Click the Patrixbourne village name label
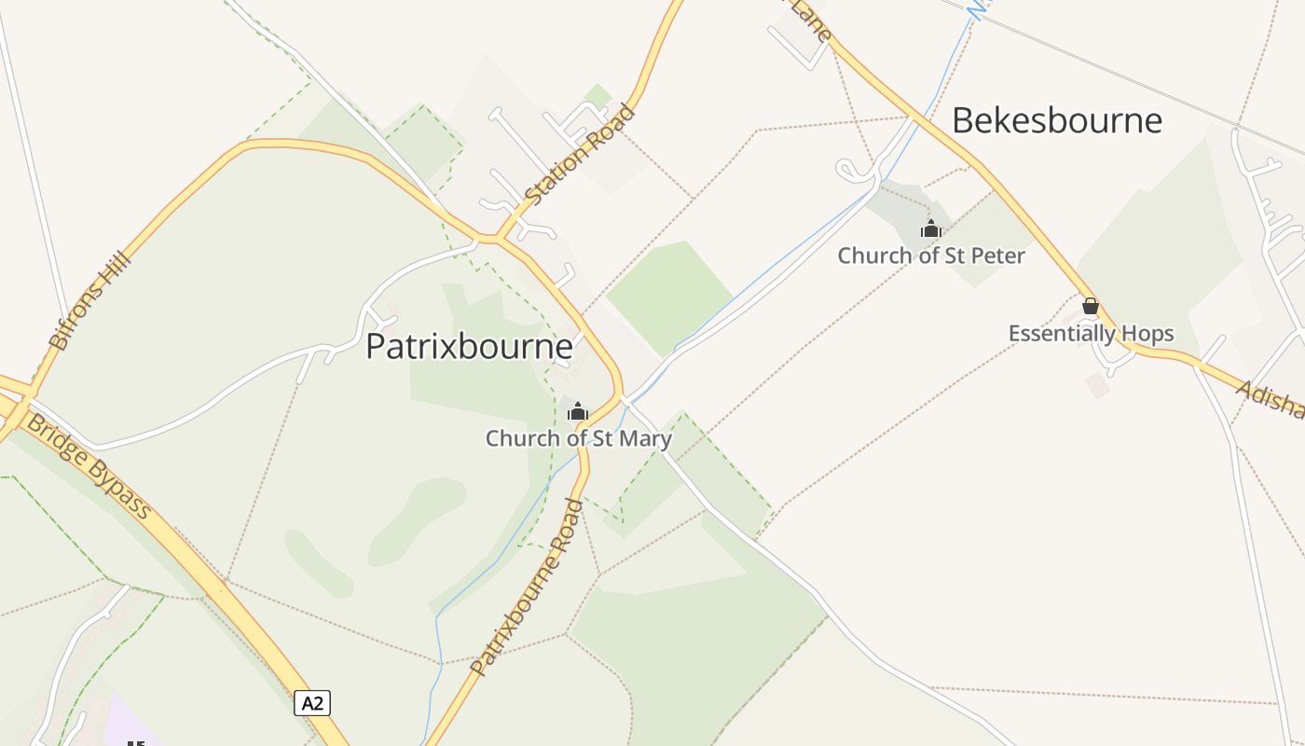[469, 346]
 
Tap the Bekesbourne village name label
[1057, 120]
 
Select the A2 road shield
[312, 703]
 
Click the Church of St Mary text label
[578, 438]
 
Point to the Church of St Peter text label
[931, 256]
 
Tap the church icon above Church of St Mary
[578, 411]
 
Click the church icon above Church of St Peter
[930, 228]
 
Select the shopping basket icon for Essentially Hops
[1091, 306]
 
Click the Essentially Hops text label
[1091, 334]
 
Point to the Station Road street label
[580, 155]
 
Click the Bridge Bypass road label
[89, 466]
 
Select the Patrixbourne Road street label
[528, 588]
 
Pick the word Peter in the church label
[997, 256]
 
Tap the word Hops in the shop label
[1149, 334]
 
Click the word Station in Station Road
[559, 174]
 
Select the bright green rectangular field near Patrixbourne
[669, 297]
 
